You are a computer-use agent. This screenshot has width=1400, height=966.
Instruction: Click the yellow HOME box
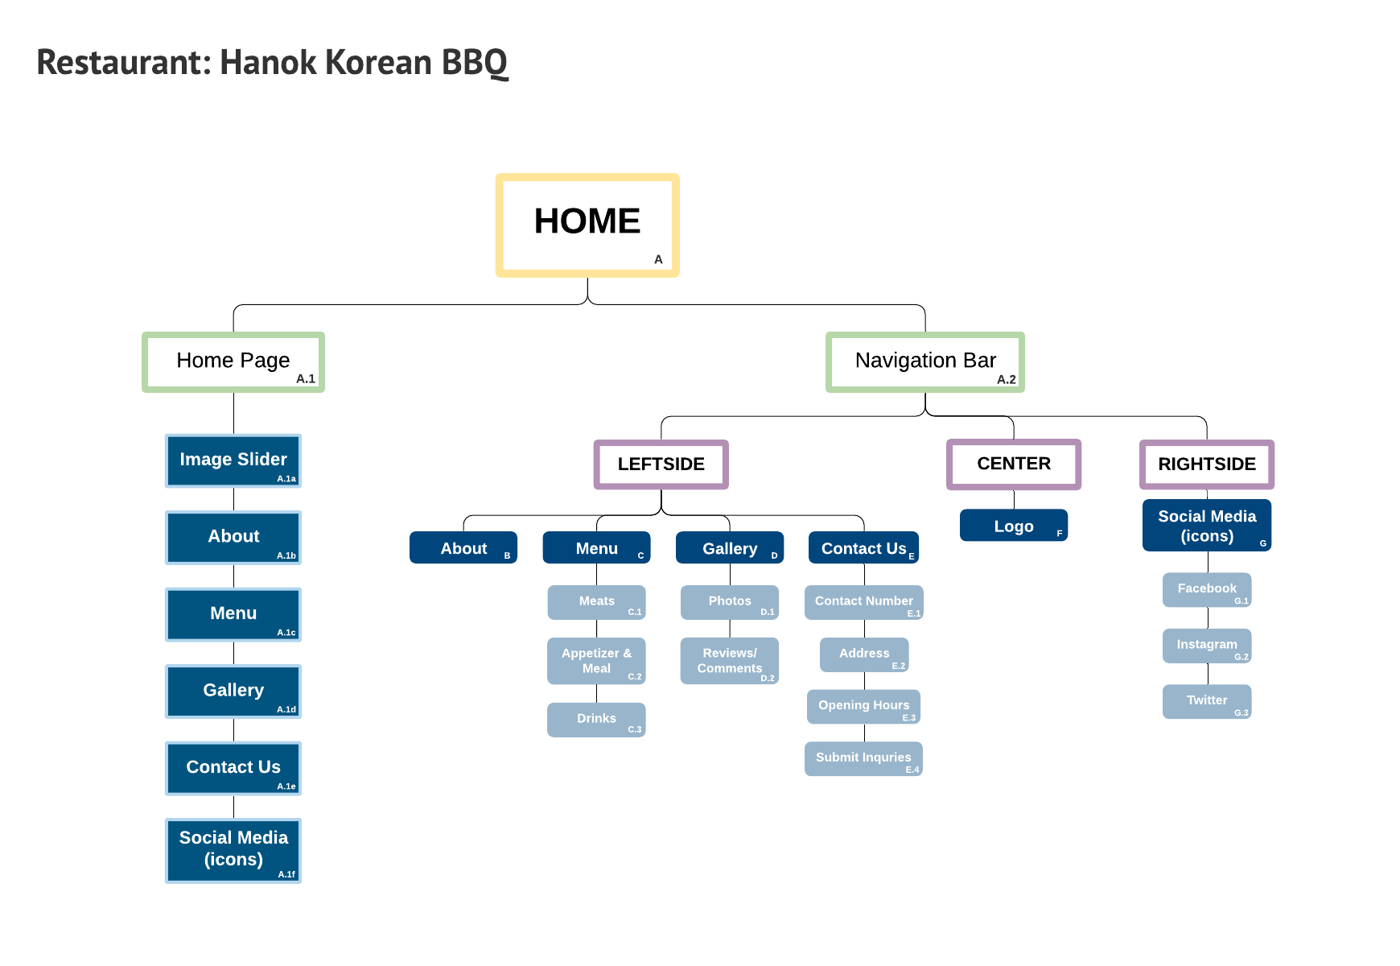pos(587,225)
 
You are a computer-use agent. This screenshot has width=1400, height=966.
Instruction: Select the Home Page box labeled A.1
pos(233,362)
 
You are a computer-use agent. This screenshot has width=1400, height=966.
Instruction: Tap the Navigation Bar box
pos(925,362)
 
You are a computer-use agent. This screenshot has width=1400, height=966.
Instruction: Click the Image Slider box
pos(233,460)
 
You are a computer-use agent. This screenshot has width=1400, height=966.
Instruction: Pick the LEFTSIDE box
pos(661,464)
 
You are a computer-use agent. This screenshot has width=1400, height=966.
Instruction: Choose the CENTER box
pos(1014,464)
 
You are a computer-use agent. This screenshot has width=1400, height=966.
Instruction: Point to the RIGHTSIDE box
pos(1207,464)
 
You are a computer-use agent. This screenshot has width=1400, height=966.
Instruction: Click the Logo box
pos(1014,526)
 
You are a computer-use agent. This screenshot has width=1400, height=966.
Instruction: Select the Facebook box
pos(1207,590)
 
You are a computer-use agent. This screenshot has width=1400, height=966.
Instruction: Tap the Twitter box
pos(1207,701)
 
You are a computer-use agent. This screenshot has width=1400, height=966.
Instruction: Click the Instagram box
pos(1207,646)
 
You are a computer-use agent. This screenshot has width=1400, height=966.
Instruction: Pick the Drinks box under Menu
pos(596,720)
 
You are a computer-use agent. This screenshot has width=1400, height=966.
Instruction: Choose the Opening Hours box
pos(863,707)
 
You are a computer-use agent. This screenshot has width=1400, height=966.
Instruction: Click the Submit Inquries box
pos(863,758)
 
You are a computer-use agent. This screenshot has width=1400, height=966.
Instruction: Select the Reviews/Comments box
pos(730,661)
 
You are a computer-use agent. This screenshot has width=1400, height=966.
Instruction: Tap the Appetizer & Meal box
pos(596,661)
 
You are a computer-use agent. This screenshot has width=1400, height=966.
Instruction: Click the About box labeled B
pos(463,548)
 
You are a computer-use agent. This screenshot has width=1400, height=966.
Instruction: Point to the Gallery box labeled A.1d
pos(233,691)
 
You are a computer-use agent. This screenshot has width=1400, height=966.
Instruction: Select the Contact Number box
pos(863,602)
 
